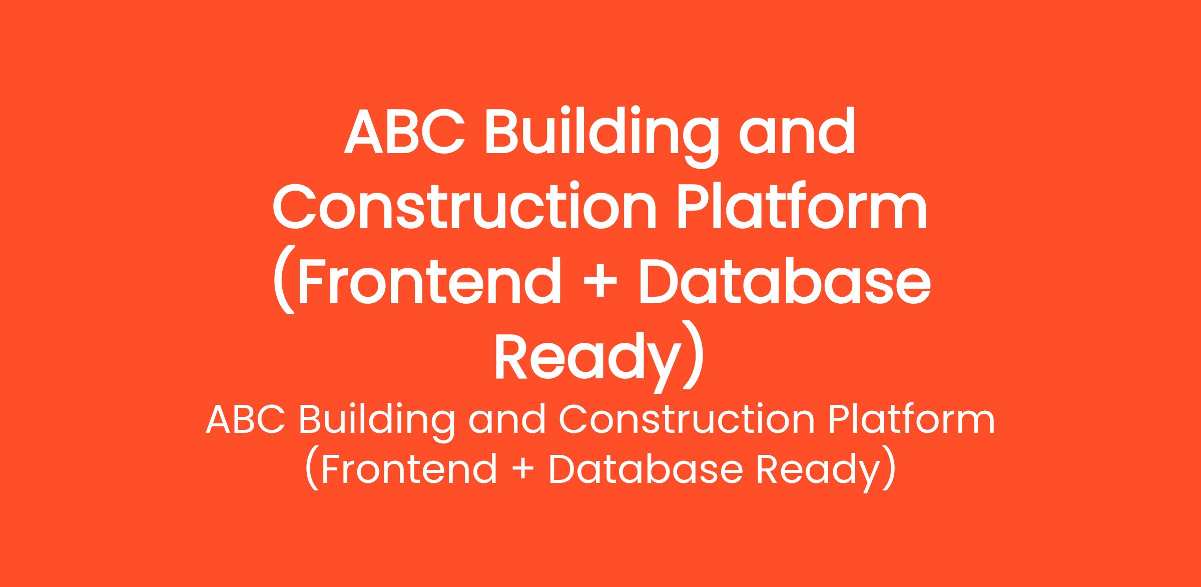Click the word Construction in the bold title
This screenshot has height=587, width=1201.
(x=464, y=206)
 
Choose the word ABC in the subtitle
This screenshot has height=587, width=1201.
(x=245, y=420)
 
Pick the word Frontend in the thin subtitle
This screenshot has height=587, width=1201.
(x=408, y=469)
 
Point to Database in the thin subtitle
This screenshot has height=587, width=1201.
(x=645, y=469)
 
